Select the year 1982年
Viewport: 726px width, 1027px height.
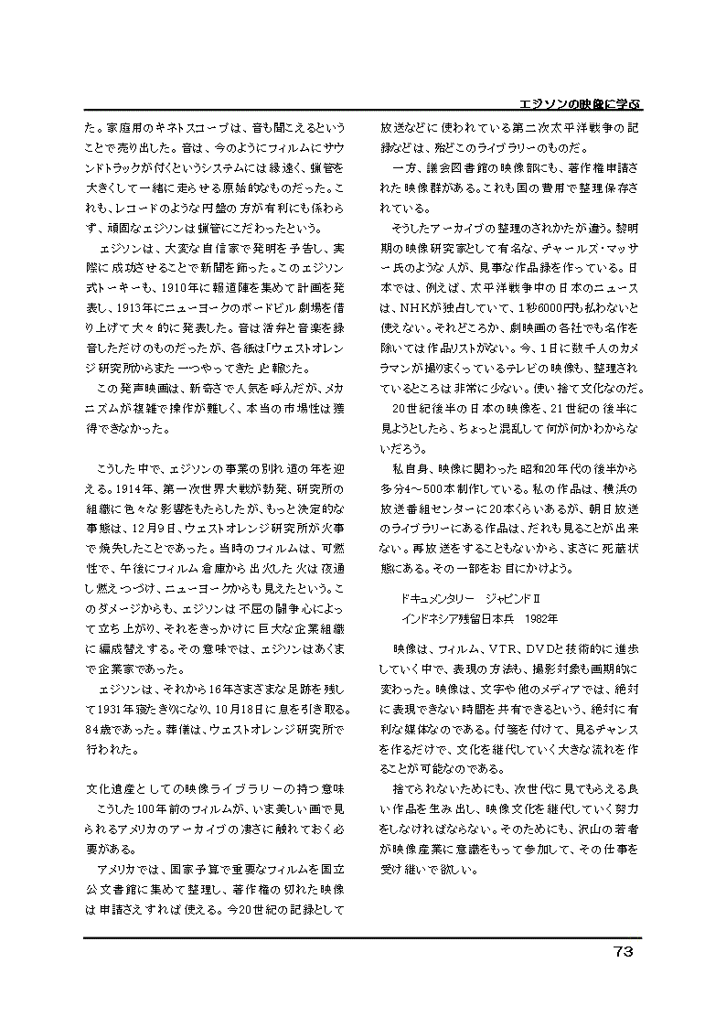540,617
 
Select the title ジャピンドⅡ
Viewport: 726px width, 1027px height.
528,597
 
